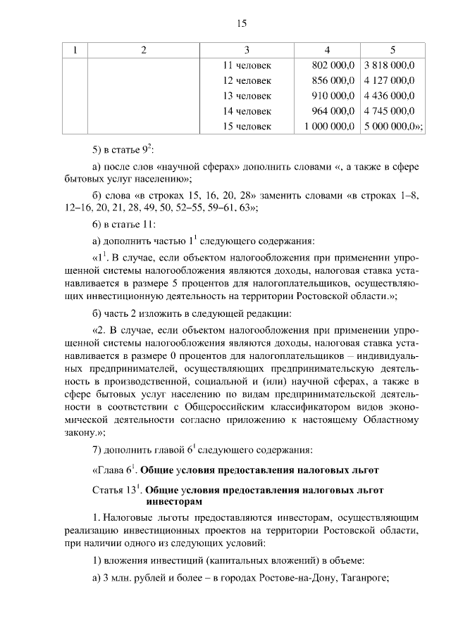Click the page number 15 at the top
[x=242, y=23]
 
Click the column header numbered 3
[x=247, y=50]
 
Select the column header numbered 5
[x=393, y=50]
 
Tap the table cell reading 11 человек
[x=247, y=65]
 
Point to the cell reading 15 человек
[x=247, y=126]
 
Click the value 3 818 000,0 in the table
[x=389, y=65]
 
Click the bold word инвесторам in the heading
[x=173, y=502]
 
